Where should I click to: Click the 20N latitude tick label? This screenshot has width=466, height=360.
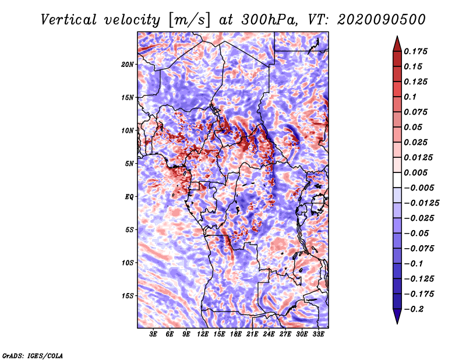click(128, 64)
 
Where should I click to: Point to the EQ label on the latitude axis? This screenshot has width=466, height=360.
click(129, 197)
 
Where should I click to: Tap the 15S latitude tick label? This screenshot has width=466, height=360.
click(128, 296)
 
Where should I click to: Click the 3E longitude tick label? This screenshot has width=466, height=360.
click(154, 334)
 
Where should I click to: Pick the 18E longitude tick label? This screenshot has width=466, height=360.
click(236, 334)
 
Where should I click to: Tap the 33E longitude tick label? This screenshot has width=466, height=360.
click(319, 334)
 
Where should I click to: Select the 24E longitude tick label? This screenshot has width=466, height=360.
click(269, 334)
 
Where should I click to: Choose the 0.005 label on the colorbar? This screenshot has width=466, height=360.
click(417, 172)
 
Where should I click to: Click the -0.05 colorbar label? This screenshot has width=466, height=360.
click(419, 233)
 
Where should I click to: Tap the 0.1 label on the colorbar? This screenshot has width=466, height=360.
click(411, 97)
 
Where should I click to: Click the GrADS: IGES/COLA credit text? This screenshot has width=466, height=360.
click(33, 355)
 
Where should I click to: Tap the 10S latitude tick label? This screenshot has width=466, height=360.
click(128, 263)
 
